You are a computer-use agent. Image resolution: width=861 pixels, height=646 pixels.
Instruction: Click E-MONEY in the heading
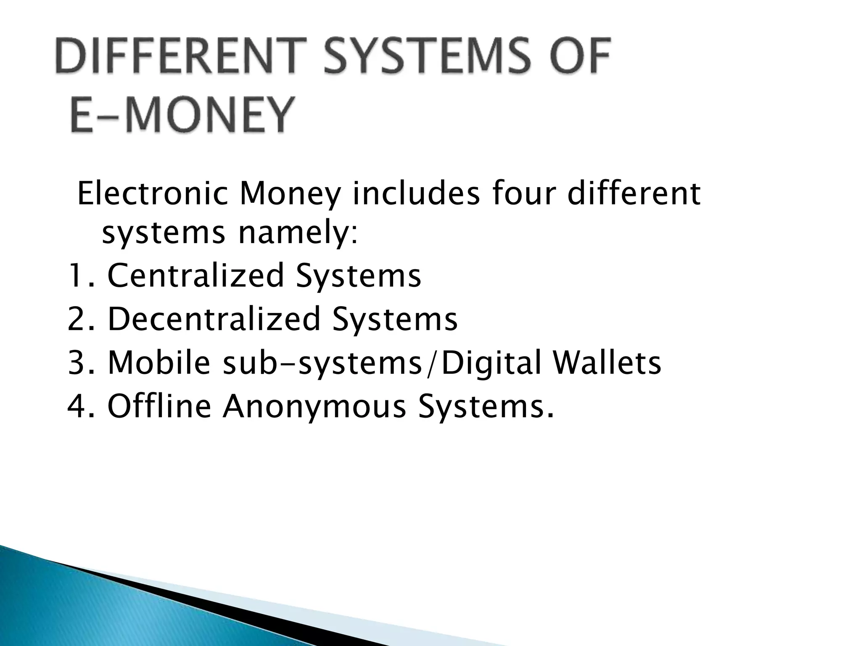coord(181,114)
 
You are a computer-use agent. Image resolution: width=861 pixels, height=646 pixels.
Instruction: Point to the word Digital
coord(491,363)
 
